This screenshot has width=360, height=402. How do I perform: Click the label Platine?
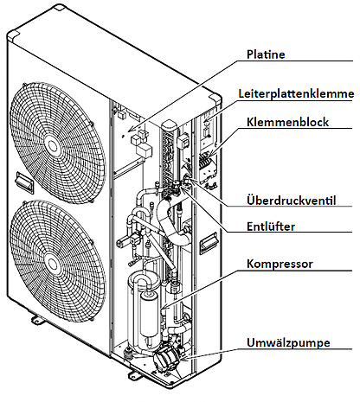(266, 54)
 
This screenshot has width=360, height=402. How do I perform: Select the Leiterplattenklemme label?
(296, 93)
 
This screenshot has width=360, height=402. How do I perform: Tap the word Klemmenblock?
(287, 122)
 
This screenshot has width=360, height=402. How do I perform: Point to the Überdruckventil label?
(292, 201)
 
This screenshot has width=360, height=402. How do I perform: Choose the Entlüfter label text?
(271, 227)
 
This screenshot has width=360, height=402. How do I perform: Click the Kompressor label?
(280, 264)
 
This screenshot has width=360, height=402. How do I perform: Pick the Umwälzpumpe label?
(288, 342)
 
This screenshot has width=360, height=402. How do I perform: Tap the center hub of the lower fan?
(52, 265)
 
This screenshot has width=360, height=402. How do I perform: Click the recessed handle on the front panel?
(24, 182)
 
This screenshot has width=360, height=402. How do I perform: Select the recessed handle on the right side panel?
(208, 243)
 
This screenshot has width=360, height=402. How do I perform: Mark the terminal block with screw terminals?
(207, 163)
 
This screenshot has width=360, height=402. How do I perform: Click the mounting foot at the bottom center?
(136, 374)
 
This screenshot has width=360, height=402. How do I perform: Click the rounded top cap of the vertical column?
(169, 125)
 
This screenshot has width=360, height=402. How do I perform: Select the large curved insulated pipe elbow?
(172, 225)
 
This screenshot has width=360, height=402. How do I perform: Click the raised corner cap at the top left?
(13, 35)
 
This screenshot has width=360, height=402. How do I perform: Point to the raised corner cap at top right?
(216, 100)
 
